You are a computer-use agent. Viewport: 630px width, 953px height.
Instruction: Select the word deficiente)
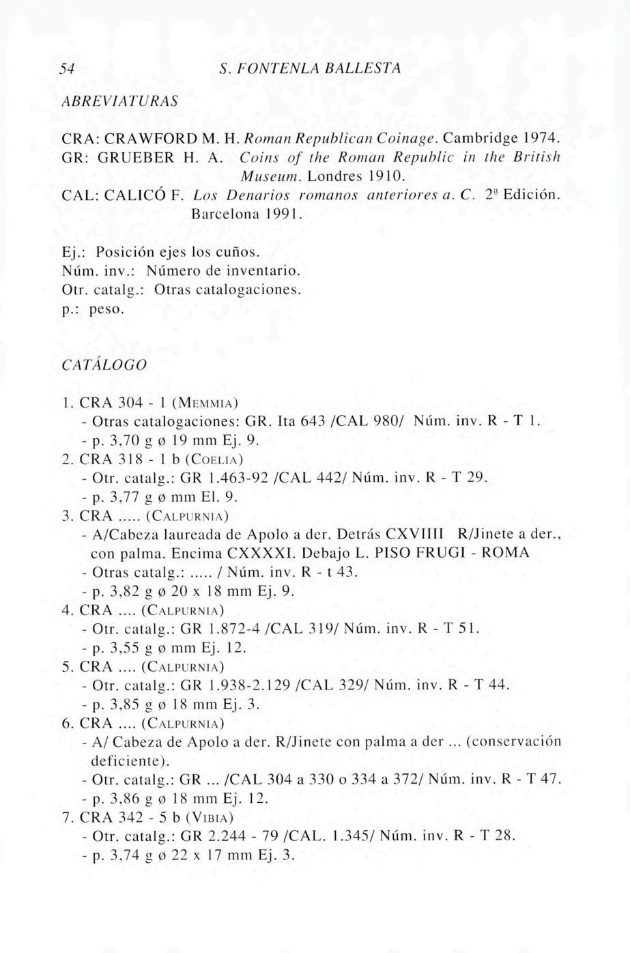(130, 760)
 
